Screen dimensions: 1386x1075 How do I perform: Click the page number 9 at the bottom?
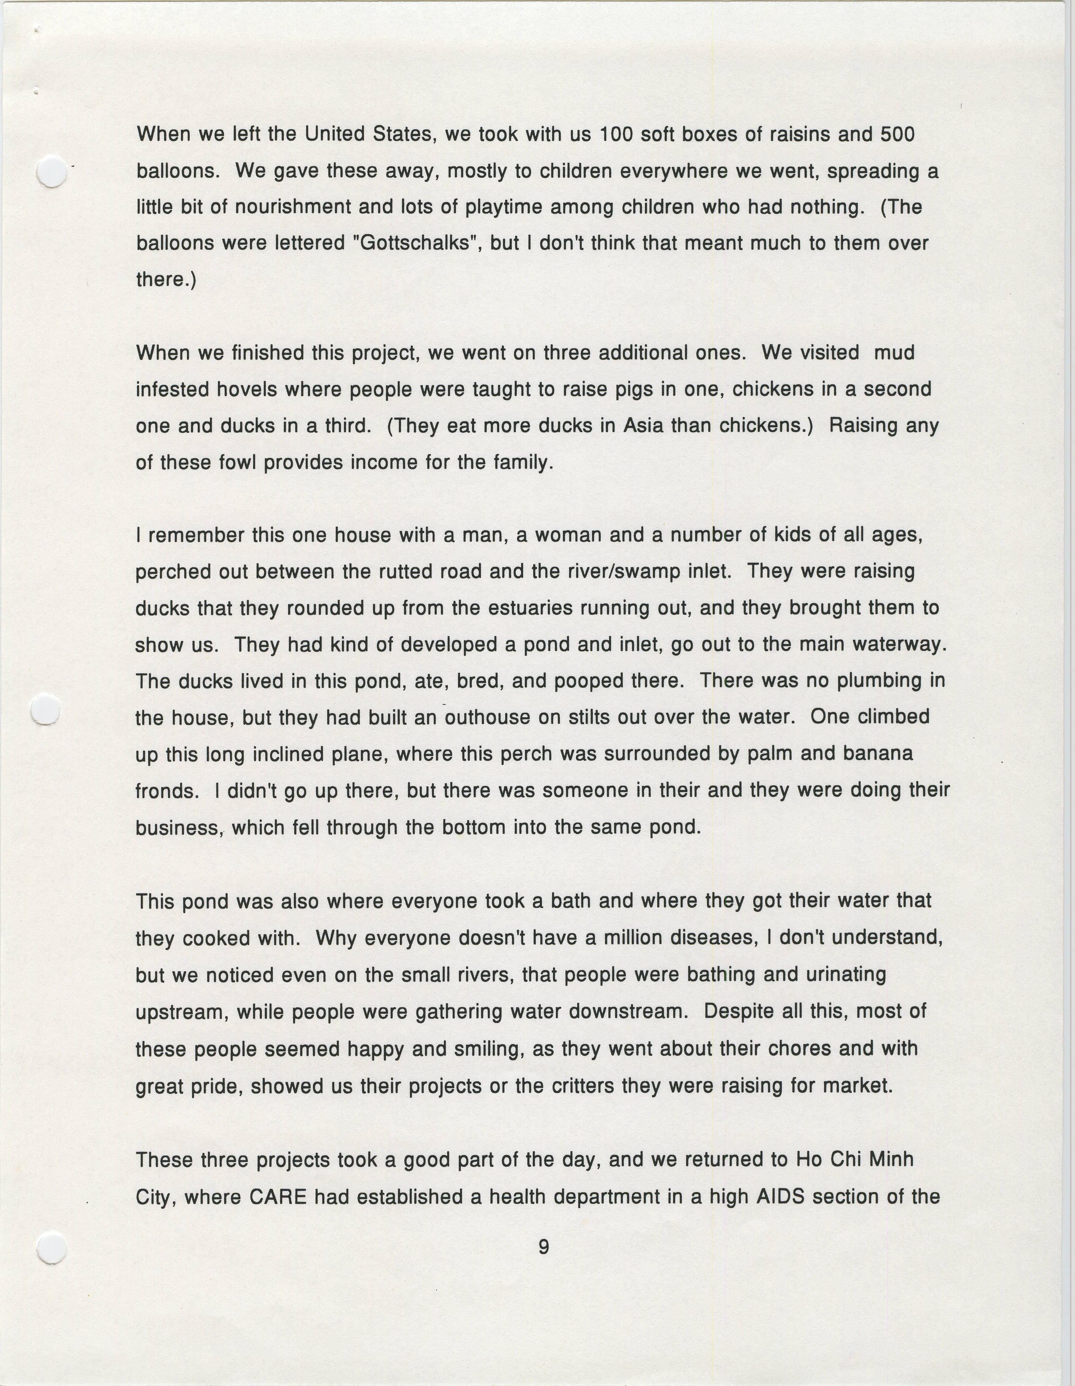(x=543, y=1247)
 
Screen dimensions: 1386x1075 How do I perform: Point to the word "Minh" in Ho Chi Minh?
(x=890, y=1160)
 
